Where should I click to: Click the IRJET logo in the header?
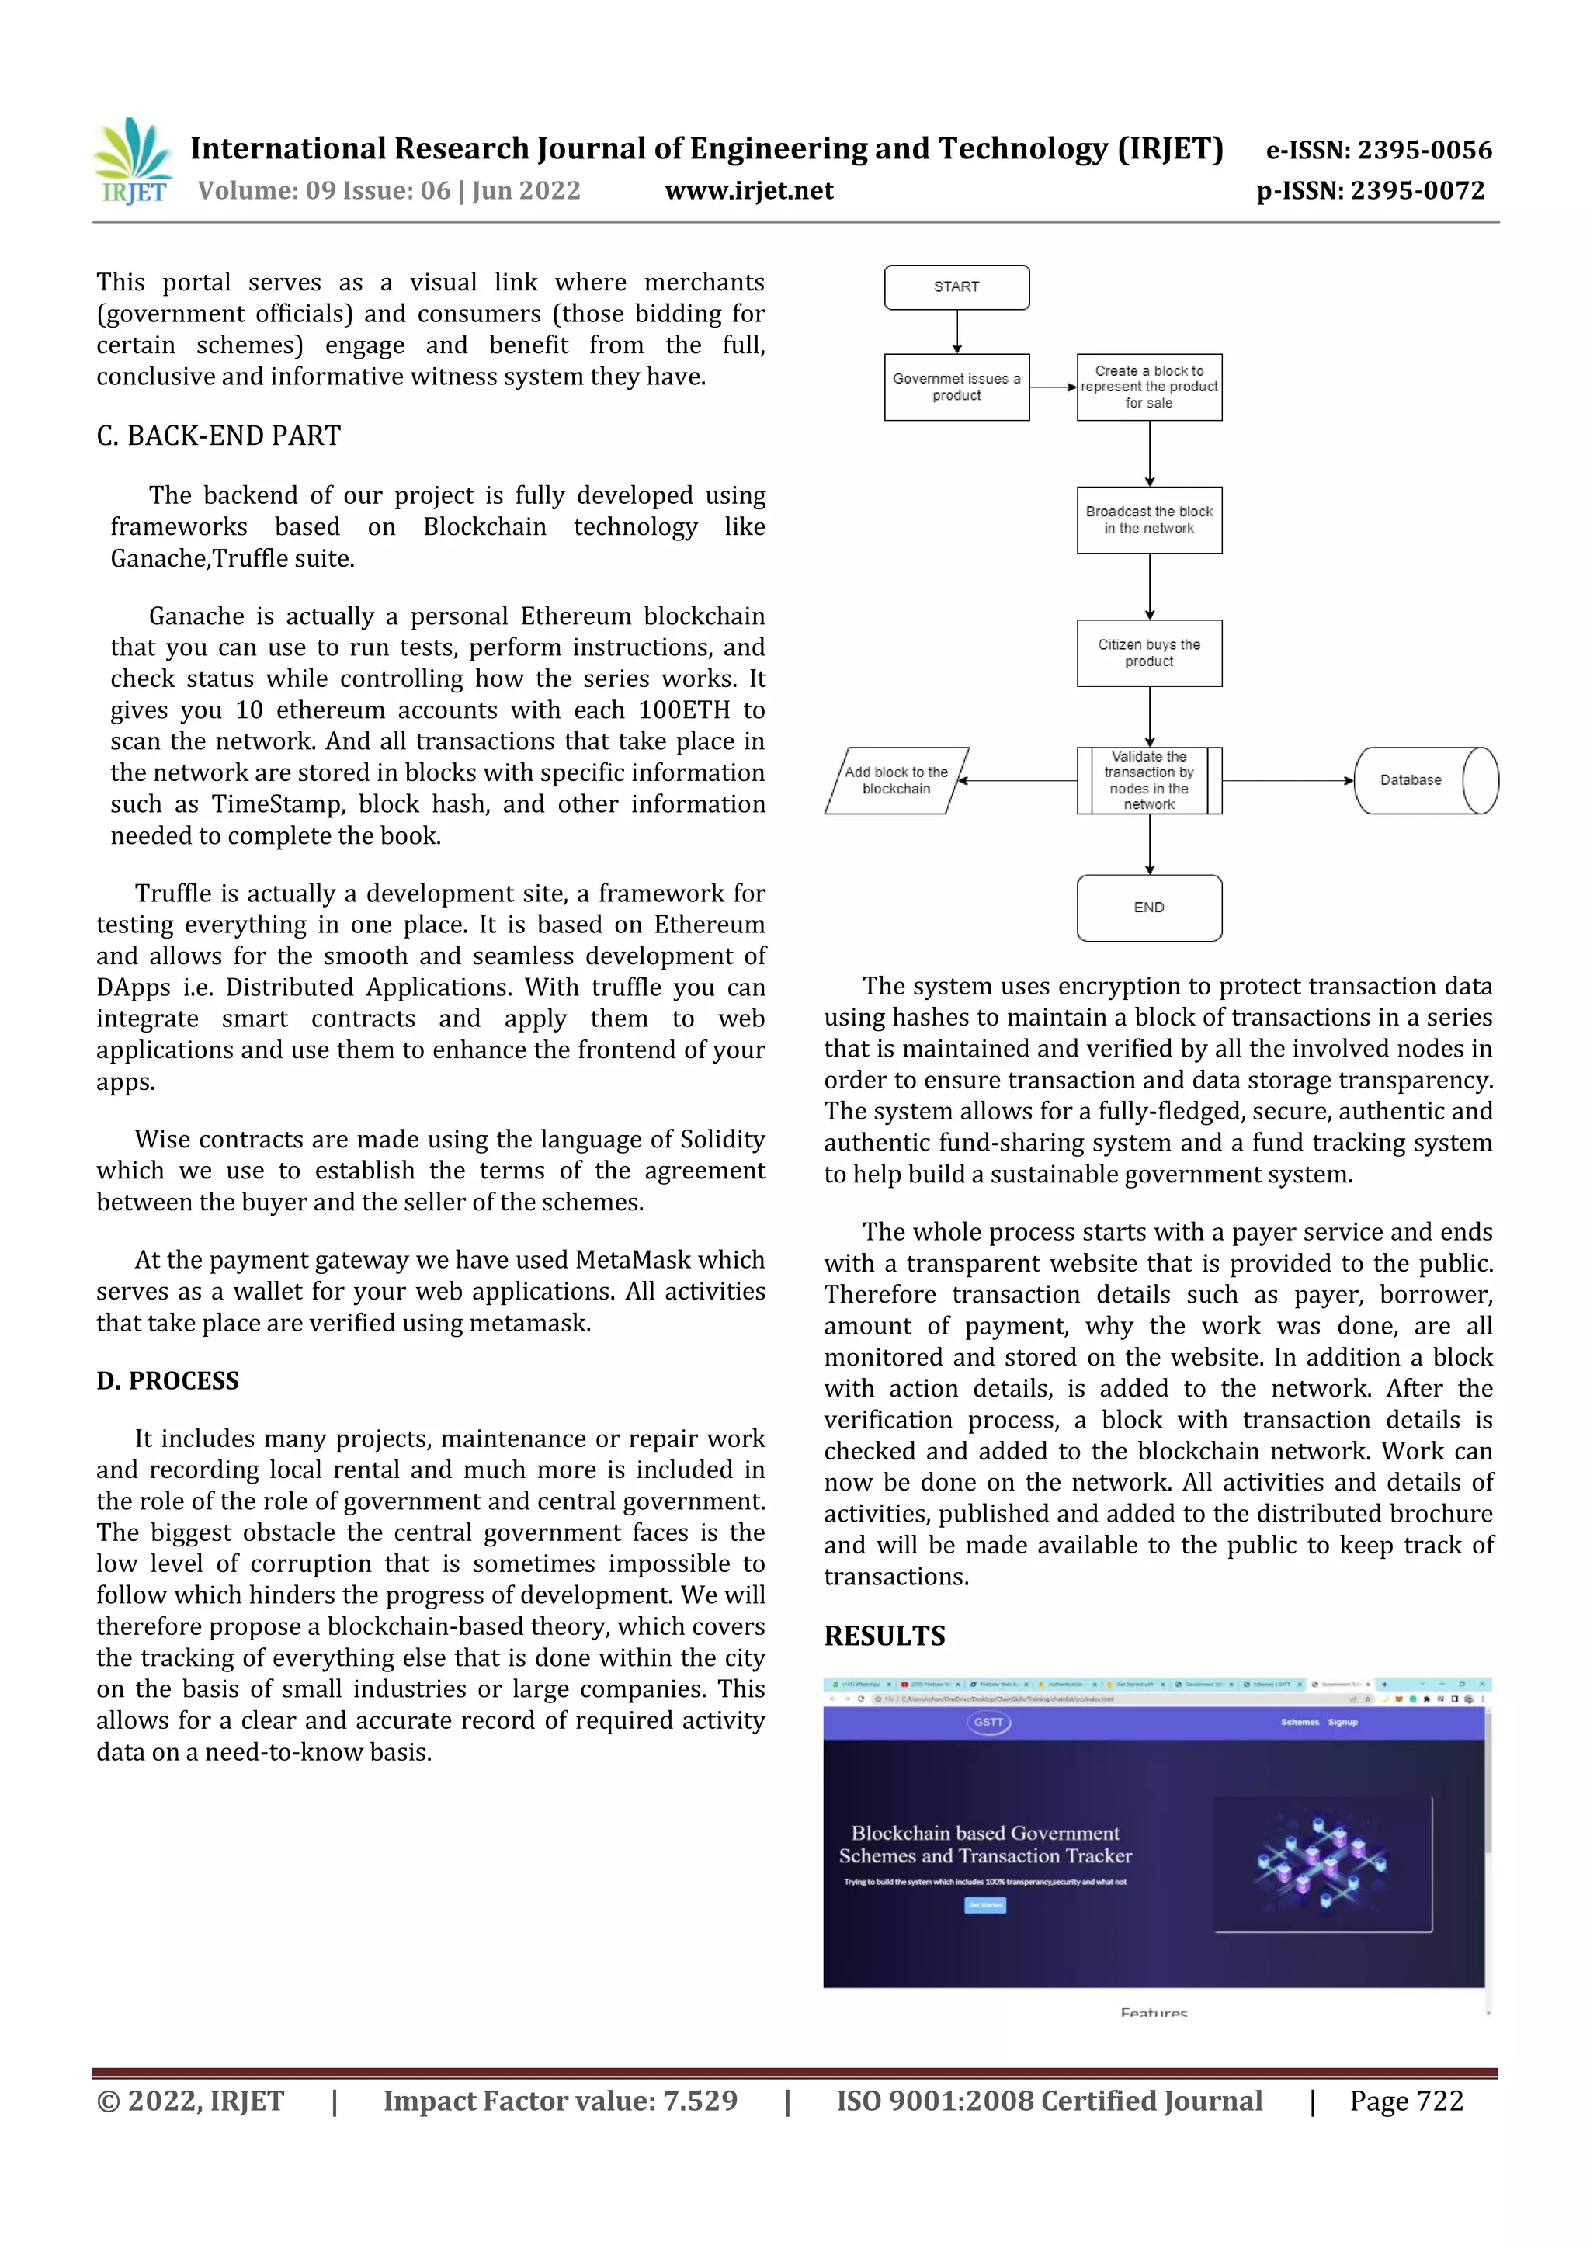(x=132, y=161)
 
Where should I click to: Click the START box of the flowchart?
(x=956, y=287)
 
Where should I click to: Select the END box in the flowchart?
(x=1148, y=907)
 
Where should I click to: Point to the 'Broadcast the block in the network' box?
(x=1148, y=520)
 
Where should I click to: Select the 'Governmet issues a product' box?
(x=956, y=387)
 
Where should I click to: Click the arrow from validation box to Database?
(x=1287, y=781)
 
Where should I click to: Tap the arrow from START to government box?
(x=957, y=331)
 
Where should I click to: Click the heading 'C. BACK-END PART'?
(x=218, y=436)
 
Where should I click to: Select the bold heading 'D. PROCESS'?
(x=168, y=1380)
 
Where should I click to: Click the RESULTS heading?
(x=884, y=1635)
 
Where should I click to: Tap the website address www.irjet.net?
(x=748, y=191)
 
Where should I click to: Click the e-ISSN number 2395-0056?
(x=1423, y=150)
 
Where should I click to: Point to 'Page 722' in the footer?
(x=1406, y=2100)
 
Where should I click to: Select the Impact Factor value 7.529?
(x=700, y=2100)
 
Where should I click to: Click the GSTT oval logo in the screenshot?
(x=988, y=1721)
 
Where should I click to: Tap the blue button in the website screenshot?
(x=984, y=1904)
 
